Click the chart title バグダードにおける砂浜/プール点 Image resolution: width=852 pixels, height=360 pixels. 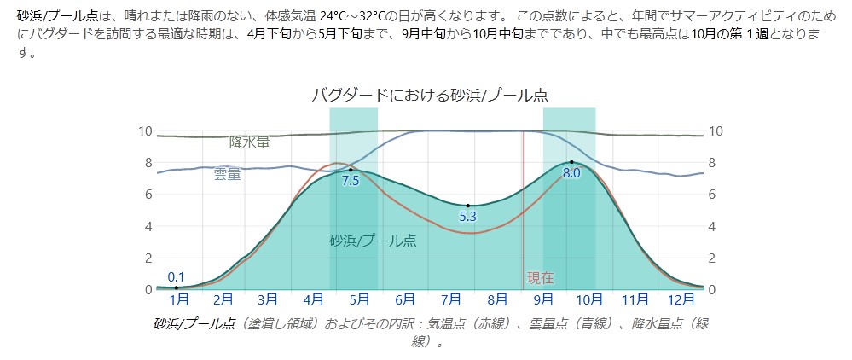(x=430, y=95)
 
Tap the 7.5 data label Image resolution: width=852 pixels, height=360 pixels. (x=351, y=181)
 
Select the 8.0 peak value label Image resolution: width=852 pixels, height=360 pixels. (x=571, y=173)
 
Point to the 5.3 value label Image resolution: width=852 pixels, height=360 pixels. (x=467, y=217)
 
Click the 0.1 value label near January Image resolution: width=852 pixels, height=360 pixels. (x=177, y=276)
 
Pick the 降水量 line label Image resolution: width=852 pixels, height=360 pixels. (x=249, y=142)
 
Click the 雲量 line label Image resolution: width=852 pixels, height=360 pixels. (x=227, y=174)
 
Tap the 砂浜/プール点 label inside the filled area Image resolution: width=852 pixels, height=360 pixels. (x=373, y=241)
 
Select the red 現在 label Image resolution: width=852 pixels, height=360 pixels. (x=541, y=277)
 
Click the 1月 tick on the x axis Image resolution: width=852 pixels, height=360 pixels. (x=179, y=299)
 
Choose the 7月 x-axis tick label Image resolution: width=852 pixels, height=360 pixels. (x=451, y=299)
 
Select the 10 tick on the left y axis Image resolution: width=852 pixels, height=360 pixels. (x=145, y=131)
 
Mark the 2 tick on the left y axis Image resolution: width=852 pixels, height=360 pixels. (x=148, y=258)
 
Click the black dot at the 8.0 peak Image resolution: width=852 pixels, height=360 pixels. (x=571, y=161)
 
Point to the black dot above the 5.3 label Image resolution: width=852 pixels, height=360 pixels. (x=467, y=206)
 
